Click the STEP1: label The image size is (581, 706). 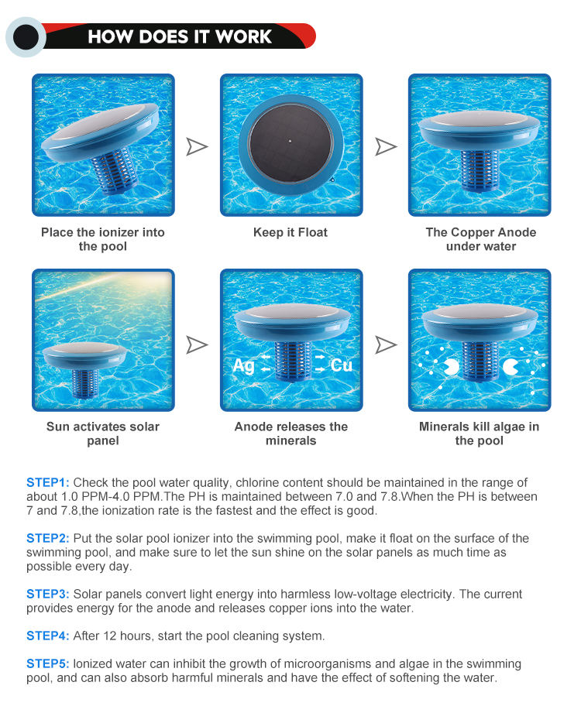48,483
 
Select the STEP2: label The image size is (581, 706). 48,539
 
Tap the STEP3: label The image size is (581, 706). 48,595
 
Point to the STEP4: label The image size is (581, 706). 48,636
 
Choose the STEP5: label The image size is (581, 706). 48,664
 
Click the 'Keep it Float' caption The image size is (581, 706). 290,233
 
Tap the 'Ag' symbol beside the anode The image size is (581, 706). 243,365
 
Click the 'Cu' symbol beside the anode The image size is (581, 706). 341,365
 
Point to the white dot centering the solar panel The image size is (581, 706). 290,141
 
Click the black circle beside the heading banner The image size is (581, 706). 26,37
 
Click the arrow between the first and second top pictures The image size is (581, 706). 197,147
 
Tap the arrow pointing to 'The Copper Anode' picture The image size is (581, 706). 386,147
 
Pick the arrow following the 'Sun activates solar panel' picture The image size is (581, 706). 197,345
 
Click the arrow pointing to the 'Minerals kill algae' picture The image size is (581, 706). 386,345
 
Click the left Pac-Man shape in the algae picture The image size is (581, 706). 451,367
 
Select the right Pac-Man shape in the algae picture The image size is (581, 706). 511,367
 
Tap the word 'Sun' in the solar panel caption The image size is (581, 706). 58,427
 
